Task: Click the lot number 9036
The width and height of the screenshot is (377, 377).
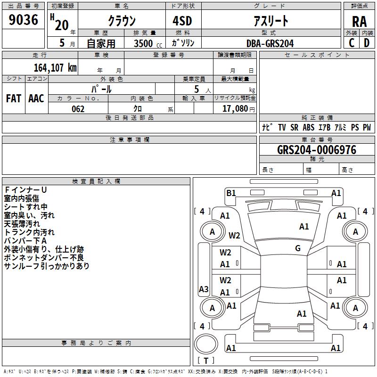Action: click(x=23, y=20)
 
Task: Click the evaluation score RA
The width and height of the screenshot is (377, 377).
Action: click(x=359, y=22)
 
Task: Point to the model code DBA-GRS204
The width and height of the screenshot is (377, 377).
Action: click(x=270, y=43)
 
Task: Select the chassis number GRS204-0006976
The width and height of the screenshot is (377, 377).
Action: click(x=317, y=150)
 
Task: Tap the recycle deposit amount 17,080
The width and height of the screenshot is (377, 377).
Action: click(x=234, y=108)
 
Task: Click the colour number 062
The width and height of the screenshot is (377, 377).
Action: click(x=78, y=109)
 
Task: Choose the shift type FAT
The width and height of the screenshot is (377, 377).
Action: click(x=13, y=98)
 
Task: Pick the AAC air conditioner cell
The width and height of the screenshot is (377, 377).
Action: click(x=36, y=98)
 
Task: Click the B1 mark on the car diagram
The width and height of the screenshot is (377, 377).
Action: click(x=231, y=193)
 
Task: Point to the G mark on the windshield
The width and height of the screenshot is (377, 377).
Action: click(x=298, y=248)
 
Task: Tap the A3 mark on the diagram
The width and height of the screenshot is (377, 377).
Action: click(x=204, y=289)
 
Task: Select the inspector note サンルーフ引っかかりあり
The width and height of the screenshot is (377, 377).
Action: click(x=47, y=266)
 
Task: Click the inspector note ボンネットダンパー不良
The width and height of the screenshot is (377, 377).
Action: click(x=43, y=258)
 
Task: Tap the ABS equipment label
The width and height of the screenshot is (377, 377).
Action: click(x=308, y=127)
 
